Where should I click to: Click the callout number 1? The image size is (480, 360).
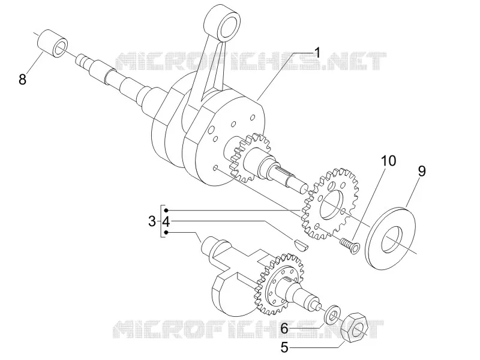click(318, 53)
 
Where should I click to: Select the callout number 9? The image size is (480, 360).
click(422, 172)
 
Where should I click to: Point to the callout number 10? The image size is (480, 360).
click(388, 161)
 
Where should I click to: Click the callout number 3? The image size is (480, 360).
click(152, 221)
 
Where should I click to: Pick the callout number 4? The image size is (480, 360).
click(166, 221)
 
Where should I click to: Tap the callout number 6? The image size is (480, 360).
click(284, 329)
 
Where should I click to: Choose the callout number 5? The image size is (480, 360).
click(284, 347)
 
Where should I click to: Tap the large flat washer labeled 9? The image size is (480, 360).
click(391, 238)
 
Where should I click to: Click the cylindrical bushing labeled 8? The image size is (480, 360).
click(53, 43)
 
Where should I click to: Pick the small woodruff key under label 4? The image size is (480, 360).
click(301, 242)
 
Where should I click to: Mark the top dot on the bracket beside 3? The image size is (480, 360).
click(166, 211)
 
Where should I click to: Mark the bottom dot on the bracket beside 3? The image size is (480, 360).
click(166, 233)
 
